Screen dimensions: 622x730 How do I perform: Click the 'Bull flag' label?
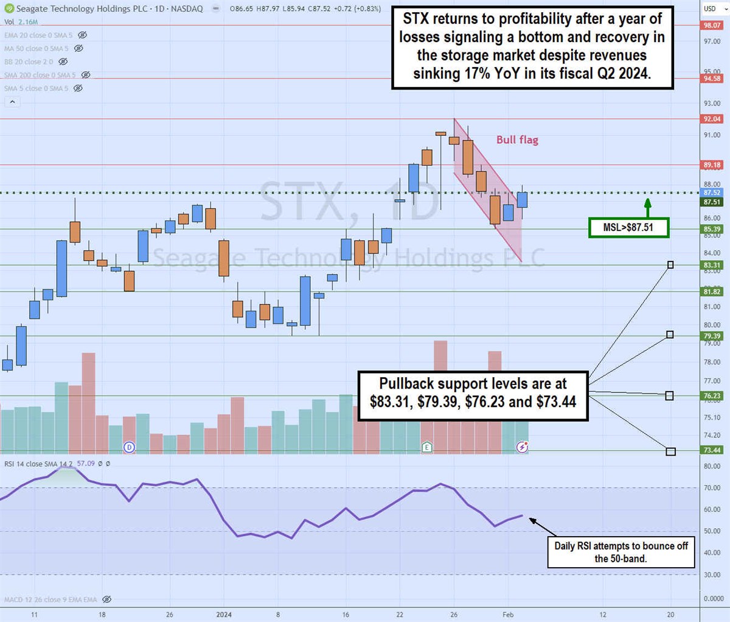517,140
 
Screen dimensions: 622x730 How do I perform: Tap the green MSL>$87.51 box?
628,227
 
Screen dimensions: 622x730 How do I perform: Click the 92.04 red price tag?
712,119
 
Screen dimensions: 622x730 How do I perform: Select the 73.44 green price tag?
712,450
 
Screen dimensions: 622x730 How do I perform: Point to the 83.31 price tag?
712,265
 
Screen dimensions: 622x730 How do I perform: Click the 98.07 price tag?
712,26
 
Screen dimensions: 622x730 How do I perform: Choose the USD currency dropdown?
713,9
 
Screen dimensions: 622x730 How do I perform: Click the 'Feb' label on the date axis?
507,615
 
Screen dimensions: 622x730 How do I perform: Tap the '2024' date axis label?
224,615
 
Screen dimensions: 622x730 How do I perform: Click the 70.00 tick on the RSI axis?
712,488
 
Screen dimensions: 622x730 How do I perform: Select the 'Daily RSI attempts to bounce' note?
620,552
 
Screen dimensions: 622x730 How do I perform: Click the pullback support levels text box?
473,392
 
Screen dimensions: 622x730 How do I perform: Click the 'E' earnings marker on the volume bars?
427,447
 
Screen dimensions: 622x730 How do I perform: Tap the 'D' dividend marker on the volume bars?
129,447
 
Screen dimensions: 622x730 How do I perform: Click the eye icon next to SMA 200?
86,75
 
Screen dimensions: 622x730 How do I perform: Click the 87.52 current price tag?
712,193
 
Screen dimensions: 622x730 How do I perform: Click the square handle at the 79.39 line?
670,334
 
